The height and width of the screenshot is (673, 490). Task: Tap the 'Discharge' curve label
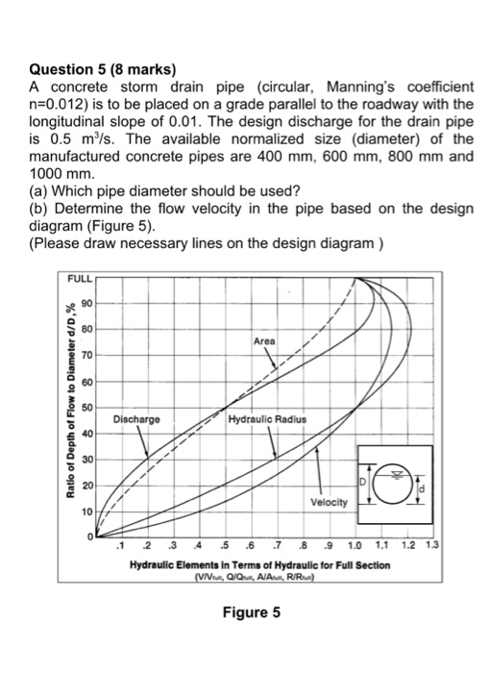pos(135,420)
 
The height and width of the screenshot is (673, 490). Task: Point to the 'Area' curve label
pos(265,341)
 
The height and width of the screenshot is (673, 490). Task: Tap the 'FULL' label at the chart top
pos(82,280)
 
